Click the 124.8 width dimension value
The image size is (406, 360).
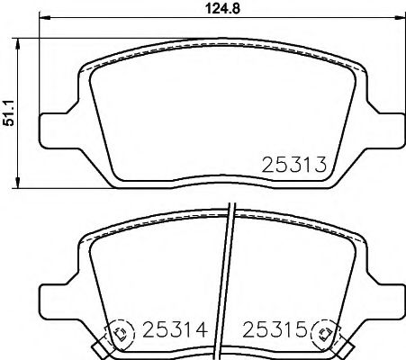[222, 8]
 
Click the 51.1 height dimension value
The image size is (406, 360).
[9, 112]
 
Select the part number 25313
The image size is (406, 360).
[293, 165]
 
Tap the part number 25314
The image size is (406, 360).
[175, 329]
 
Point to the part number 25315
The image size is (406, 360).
[275, 329]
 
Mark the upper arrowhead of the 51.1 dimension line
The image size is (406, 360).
[18, 44]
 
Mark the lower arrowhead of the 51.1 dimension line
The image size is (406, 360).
[18, 183]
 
